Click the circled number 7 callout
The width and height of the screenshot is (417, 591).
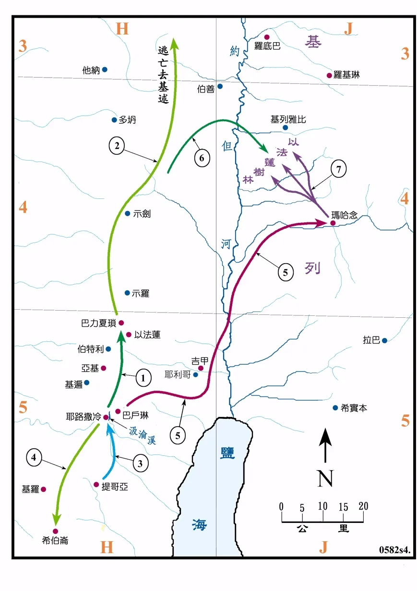pos(339,170)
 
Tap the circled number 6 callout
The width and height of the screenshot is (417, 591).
pos(202,158)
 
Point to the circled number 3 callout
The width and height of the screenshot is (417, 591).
pos(140,463)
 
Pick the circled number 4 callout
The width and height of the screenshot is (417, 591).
pos(34,457)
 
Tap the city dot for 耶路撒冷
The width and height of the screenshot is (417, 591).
pos(106,417)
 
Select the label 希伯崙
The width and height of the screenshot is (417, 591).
pos(55,541)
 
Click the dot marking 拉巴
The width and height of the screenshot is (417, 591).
pos(384,340)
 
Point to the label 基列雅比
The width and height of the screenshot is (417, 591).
pos(288,120)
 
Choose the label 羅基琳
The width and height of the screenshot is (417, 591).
pos(346,75)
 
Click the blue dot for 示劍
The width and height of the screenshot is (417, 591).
pos(127,213)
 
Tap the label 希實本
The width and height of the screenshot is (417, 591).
pos(354,408)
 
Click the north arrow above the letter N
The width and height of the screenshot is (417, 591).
pos(326,445)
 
